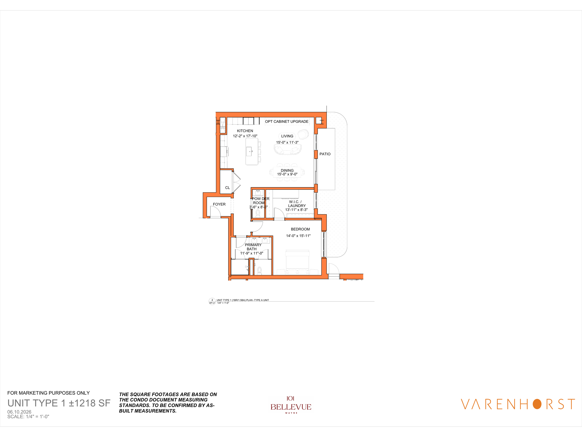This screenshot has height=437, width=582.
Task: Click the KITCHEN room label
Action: [245, 131]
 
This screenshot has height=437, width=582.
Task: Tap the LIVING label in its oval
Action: [287, 136]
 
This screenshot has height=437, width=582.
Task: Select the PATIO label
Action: [325, 154]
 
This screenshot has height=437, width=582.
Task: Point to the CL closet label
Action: [227, 188]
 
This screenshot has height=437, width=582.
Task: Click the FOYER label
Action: [219, 204]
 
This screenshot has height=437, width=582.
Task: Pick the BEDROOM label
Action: [300, 229]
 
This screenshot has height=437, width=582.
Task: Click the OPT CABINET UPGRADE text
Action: [287, 121]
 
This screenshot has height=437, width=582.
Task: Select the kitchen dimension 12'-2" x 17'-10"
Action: [245, 136]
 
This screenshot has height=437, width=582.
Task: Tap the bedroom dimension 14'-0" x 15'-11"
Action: [298, 236]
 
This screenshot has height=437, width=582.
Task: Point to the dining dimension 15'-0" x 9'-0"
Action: [287, 174]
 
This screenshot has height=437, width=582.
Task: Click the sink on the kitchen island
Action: [249, 151]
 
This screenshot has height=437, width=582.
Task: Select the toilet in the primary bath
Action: [259, 270]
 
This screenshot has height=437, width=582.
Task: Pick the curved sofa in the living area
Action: [287, 150]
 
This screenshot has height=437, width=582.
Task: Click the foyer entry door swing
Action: [216, 212]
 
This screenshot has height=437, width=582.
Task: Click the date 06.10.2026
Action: [19, 412]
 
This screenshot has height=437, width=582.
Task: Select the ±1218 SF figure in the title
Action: [89, 403]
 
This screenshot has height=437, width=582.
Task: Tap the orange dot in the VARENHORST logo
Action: [537, 404]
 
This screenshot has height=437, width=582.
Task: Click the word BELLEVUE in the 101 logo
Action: [291, 407]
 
